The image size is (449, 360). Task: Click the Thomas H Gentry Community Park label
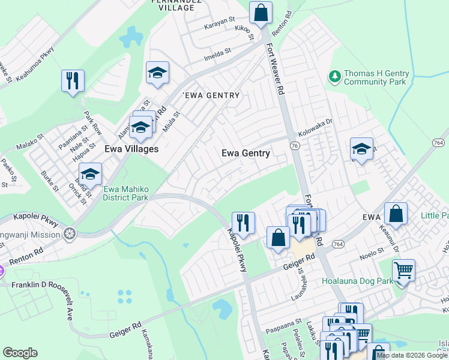coord(376,77)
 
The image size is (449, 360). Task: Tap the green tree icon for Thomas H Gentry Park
coord(334,76)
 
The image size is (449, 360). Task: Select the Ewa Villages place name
coord(131,149)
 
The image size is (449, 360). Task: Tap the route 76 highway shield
coord(294,146)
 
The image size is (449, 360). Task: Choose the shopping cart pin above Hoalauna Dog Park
coord(403,270)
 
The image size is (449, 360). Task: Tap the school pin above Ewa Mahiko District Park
coord(90,174)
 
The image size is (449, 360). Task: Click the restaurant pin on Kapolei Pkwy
coord(243,223)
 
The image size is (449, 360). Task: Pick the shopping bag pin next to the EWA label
coord(396,214)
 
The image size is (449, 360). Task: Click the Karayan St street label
coord(218,20)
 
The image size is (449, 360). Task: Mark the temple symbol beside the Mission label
coord(70,232)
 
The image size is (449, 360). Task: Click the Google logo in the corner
coord(20,353)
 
